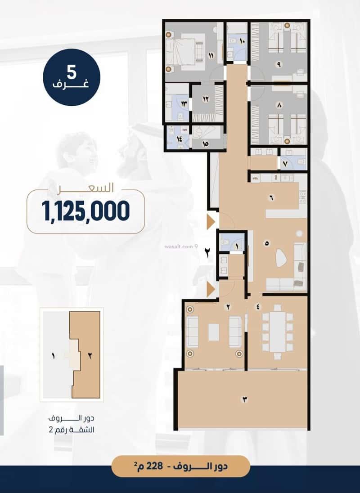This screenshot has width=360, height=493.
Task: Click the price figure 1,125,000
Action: click(x=85, y=211)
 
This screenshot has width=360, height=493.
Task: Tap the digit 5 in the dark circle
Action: click(x=72, y=72)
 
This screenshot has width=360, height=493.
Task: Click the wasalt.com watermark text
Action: click(x=178, y=246)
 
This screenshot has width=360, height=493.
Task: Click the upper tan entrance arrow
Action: click(x=211, y=222)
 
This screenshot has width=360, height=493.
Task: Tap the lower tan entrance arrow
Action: click(x=211, y=289)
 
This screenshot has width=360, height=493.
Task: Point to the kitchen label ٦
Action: click(x=271, y=197)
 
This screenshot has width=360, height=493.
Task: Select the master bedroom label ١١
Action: click(x=211, y=56)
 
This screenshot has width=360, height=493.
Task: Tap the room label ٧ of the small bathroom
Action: click(x=286, y=164)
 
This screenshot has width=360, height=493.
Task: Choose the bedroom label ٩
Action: click(x=279, y=64)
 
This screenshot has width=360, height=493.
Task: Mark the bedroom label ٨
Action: click(x=279, y=106)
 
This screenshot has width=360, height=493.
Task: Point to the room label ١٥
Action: click(x=206, y=143)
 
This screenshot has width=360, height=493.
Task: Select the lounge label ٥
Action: click(x=267, y=243)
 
